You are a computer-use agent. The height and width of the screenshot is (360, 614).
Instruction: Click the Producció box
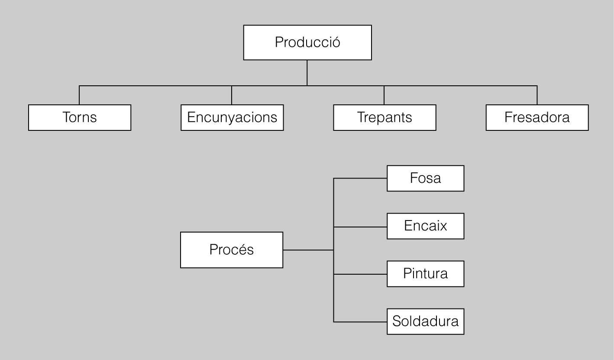[307, 42]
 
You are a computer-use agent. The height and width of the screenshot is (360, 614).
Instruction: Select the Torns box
[80, 117]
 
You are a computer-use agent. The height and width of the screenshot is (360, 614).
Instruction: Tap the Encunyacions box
[232, 117]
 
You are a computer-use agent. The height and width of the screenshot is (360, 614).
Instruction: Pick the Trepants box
[385, 117]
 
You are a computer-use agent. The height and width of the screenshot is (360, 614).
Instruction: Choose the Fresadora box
[537, 117]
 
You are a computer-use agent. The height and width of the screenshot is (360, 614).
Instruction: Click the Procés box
[232, 250]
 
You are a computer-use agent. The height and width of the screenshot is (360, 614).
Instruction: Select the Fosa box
[425, 178]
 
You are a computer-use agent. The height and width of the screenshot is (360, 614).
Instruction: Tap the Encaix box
[425, 226]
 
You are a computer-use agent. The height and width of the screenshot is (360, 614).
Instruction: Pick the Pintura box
[425, 274]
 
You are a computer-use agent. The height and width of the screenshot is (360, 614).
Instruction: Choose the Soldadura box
[425, 321]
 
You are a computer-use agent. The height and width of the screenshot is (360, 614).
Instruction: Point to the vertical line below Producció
[307, 73]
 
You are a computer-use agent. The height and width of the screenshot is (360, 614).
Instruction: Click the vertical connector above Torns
[80, 95]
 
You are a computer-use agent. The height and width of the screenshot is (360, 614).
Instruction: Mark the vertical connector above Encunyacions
[232, 95]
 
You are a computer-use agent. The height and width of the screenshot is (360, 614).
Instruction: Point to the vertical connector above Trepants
[385, 95]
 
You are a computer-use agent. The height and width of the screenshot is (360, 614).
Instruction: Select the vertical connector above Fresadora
[537, 95]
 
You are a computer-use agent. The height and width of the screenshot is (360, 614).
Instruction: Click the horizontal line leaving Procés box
[308, 250]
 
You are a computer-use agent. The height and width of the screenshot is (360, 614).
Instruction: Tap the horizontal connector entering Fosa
[360, 178]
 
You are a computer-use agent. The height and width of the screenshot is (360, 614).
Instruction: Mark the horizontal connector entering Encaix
[360, 226]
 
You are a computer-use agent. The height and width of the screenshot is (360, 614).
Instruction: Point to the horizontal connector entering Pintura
[360, 274]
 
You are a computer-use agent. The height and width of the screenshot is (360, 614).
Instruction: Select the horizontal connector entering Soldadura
[360, 322]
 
